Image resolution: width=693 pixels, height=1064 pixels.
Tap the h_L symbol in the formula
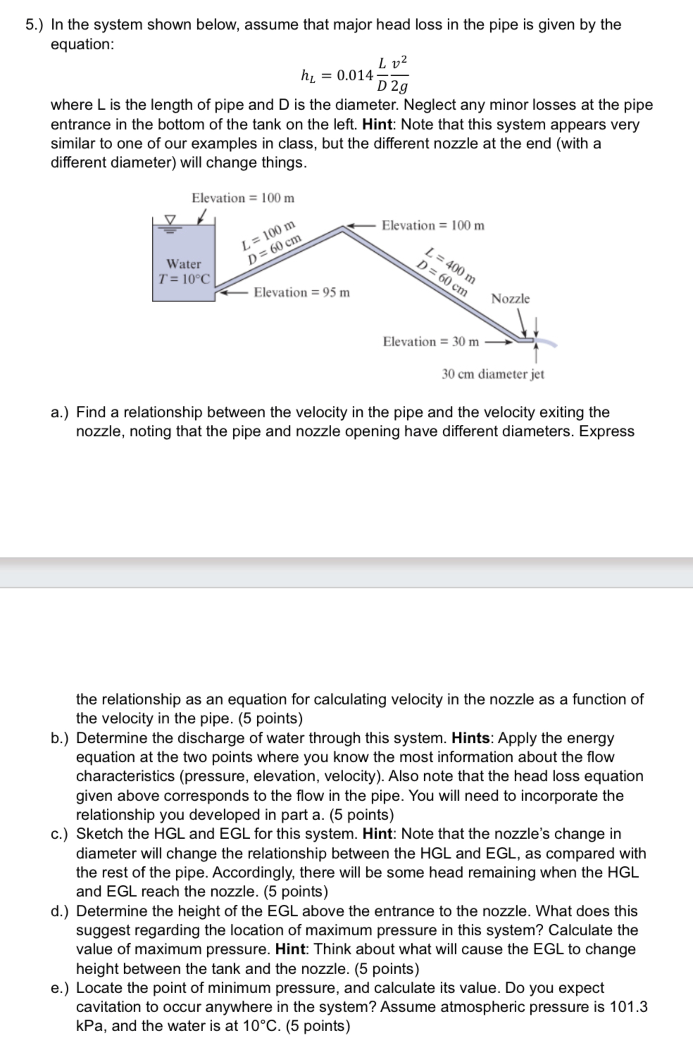point(308,76)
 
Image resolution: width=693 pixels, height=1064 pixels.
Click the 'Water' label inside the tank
point(183,264)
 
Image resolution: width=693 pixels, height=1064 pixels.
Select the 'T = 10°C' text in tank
point(184,279)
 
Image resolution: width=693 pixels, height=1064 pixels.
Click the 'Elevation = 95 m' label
point(301,292)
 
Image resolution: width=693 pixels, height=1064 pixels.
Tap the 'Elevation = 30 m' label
point(430,342)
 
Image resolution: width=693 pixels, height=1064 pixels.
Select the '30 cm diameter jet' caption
point(493,374)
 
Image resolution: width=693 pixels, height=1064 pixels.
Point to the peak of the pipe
point(343,228)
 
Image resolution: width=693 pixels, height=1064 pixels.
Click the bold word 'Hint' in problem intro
point(377,124)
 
